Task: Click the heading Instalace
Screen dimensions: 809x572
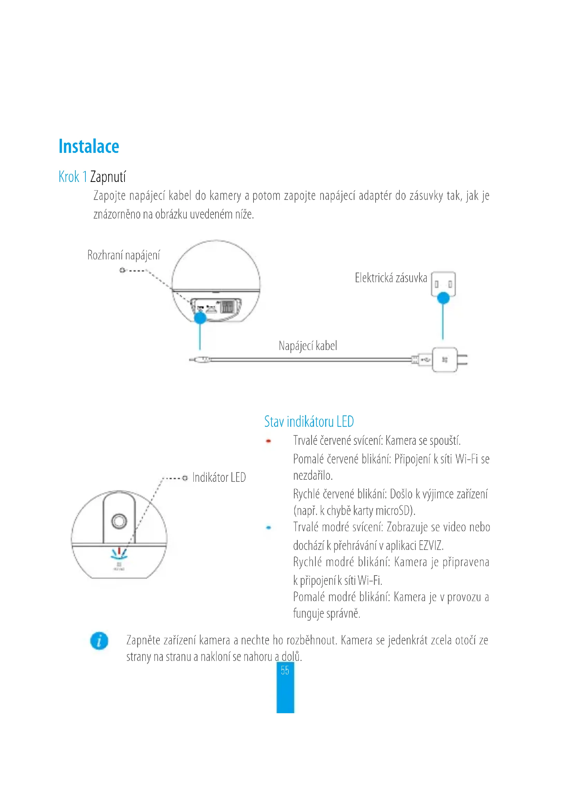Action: pyautogui.click(x=89, y=147)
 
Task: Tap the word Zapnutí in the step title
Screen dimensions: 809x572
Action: pyautogui.click(x=108, y=177)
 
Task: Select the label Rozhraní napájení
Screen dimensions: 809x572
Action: pyautogui.click(x=123, y=255)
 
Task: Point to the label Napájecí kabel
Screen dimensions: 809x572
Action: pyautogui.click(x=308, y=346)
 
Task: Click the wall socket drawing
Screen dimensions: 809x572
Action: pyautogui.click(x=443, y=283)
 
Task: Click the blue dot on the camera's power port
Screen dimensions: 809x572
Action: pyautogui.click(x=200, y=318)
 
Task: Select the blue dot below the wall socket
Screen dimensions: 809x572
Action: pyautogui.click(x=443, y=298)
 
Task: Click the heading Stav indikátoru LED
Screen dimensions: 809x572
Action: pyautogui.click(x=309, y=422)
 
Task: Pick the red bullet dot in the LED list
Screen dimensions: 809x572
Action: pyautogui.click(x=268, y=441)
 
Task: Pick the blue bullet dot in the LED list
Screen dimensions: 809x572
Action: pyautogui.click(x=268, y=527)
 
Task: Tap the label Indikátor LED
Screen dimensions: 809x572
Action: pyautogui.click(x=219, y=478)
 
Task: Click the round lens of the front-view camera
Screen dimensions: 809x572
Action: pyautogui.click(x=119, y=521)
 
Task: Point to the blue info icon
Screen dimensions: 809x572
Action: pyautogui.click(x=99, y=641)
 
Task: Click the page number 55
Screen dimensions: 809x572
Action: pyautogui.click(x=285, y=670)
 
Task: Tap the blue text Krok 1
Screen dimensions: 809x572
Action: pyautogui.click(x=73, y=177)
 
